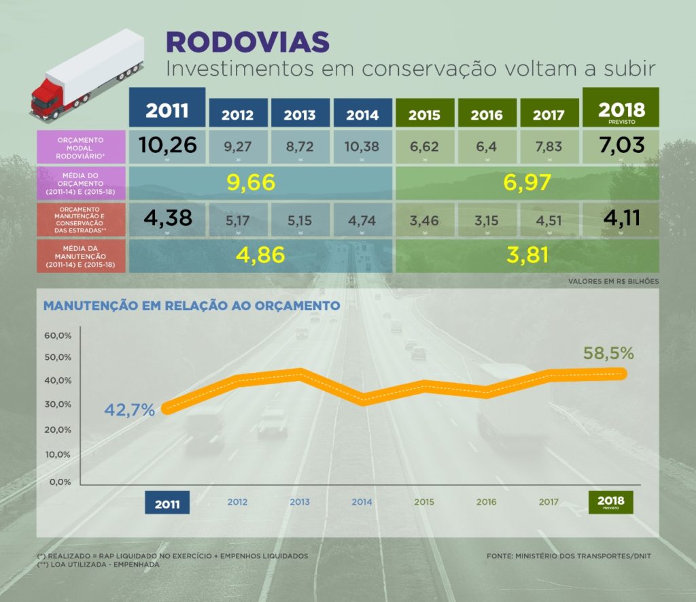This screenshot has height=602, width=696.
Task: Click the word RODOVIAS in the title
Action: point(247,42)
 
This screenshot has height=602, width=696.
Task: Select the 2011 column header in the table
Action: point(167,109)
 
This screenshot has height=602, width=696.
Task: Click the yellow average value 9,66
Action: point(251,182)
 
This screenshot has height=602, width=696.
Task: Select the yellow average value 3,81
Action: point(527,255)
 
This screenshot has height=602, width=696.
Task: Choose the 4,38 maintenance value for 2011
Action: point(167,218)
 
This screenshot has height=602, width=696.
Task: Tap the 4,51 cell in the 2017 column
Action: point(549,220)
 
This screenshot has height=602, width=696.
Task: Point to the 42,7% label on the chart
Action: point(130,410)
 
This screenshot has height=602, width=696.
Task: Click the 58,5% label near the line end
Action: point(609,354)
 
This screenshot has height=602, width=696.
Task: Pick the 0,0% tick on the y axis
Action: point(60,482)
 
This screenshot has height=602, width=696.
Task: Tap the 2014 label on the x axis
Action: point(362,503)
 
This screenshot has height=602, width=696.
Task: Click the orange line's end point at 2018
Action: point(621,373)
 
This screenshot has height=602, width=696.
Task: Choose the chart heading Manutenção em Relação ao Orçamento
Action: point(191,305)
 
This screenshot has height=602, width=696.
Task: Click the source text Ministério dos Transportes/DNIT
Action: point(568,556)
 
